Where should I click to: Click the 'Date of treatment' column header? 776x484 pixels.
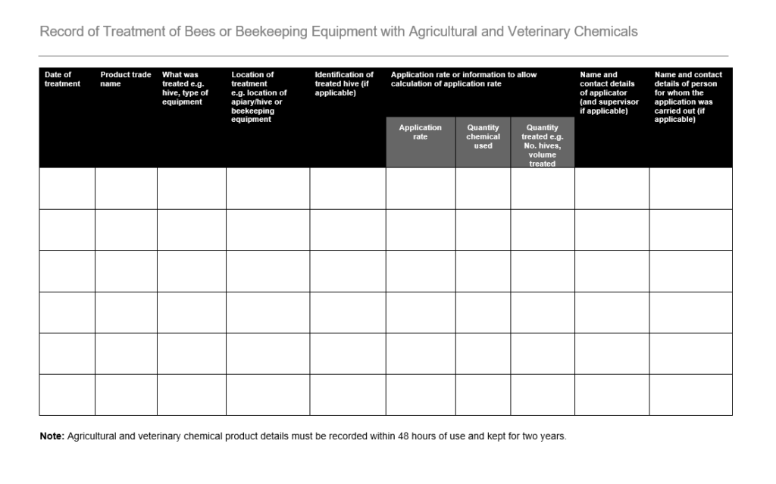tap(62, 80)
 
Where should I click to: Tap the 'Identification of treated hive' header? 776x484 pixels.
tap(344, 83)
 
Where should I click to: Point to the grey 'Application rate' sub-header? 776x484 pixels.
tap(420, 133)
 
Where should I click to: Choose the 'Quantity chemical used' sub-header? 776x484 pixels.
tap(483, 137)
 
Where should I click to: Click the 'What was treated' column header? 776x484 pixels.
tap(185, 88)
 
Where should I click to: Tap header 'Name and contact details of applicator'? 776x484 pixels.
tap(609, 92)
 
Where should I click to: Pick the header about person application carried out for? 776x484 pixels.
tap(688, 97)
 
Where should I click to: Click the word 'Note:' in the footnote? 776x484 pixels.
tap(52, 437)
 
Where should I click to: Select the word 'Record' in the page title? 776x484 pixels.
tap(61, 32)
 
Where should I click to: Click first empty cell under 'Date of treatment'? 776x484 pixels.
tap(67, 188)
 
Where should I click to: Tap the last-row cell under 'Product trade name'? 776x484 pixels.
tap(126, 395)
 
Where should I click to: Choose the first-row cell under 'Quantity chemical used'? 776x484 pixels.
tap(483, 188)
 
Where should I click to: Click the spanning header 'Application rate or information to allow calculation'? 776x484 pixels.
tap(463, 80)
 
